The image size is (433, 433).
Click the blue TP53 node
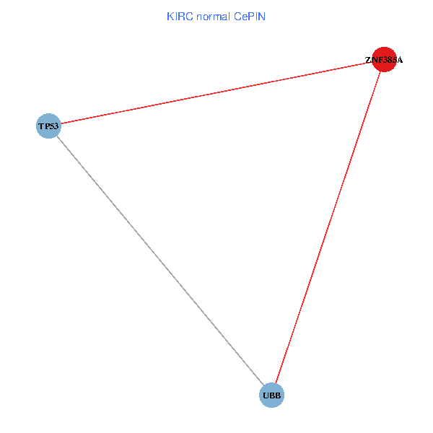pos(48,126)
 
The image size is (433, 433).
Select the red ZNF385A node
pos(384,60)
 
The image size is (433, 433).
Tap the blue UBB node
pos(271,395)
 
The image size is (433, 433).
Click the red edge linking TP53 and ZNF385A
pos(216,93)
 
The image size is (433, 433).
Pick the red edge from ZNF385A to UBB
pos(328,227)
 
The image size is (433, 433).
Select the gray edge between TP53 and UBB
pos(159,261)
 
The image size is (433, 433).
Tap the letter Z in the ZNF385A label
pos(367,61)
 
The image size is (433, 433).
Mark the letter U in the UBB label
pos(266,395)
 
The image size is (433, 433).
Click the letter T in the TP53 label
pos(40,127)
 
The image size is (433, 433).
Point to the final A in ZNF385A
pos(400,61)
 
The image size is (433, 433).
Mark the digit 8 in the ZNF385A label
pos(389,61)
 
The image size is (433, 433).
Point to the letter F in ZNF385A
pos(378,61)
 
